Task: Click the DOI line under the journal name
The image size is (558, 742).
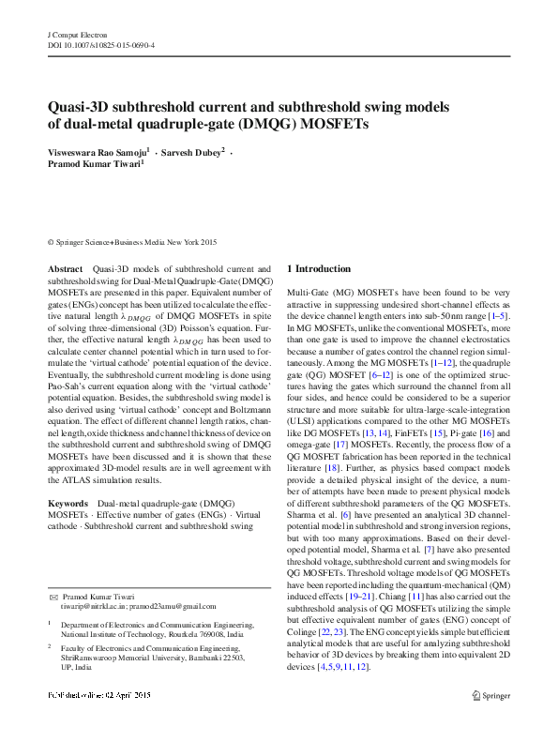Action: pyautogui.click(x=101, y=45)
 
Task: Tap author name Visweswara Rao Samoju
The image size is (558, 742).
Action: pyautogui.click(x=98, y=151)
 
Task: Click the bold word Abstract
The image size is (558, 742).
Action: pyautogui.click(x=66, y=269)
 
